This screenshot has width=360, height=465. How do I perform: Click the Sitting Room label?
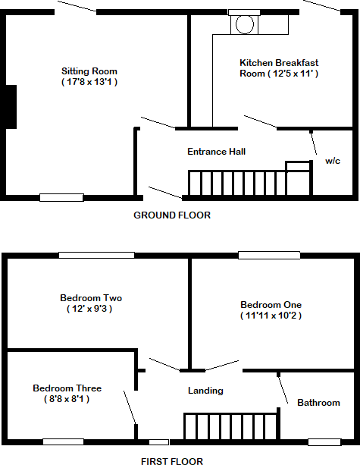coord(89,71)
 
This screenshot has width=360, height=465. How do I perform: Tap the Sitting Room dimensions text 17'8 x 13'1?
coord(89,81)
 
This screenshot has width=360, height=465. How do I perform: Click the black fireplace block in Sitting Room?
coord(11,106)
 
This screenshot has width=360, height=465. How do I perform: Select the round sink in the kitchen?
coord(244,24)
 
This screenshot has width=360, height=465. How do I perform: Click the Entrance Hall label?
coord(216,152)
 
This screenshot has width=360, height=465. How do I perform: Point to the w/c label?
coord(332,162)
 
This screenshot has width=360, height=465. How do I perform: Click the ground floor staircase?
coord(236,184)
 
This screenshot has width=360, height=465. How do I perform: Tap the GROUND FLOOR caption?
coord(172,215)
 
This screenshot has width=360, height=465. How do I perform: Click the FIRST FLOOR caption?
coord(172,460)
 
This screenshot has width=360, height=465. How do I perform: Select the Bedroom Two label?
coord(91,298)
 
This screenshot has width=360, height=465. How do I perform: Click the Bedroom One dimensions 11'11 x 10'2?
coord(271,315)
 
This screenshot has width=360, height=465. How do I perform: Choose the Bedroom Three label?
coord(67,388)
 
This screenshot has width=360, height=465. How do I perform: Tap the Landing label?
coord(205,391)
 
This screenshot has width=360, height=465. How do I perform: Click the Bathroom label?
coord(318,402)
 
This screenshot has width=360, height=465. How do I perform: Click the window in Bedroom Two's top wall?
coord(96,255)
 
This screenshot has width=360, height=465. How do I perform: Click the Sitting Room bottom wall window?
coord(61,197)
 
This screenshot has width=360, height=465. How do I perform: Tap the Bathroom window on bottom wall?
coord(324,441)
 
